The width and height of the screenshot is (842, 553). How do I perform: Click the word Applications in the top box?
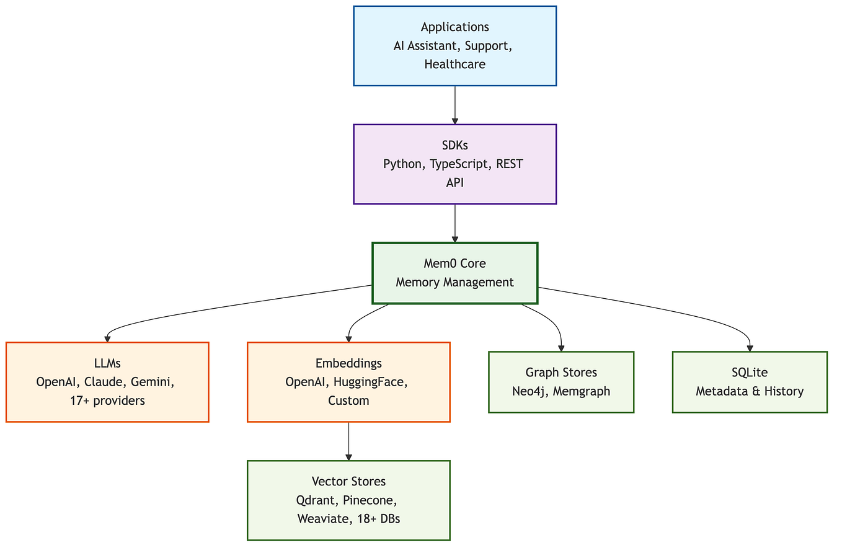(454, 27)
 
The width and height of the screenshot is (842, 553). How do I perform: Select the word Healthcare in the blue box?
(454, 64)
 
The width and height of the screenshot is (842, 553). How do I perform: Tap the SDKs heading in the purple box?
(454, 145)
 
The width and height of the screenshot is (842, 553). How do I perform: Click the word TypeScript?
(460, 164)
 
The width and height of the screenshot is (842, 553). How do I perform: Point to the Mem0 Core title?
(454, 263)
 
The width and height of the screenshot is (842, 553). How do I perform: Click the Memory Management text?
(454, 282)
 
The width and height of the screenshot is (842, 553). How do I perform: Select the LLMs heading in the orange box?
(107, 363)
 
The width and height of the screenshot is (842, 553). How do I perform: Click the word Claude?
(107, 382)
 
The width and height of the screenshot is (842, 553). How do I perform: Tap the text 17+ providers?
(107, 400)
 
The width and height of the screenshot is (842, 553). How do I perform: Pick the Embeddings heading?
(348, 363)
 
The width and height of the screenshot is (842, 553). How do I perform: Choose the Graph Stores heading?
(561, 373)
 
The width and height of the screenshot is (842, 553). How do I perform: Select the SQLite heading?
(750, 373)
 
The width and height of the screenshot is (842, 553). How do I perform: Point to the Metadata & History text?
(750, 391)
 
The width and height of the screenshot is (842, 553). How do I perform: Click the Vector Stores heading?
(348, 482)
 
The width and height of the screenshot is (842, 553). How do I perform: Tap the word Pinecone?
(370, 500)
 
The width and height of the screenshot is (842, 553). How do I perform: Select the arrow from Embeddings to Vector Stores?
(348, 441)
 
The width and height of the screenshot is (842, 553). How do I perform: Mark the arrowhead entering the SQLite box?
(750, 348)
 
